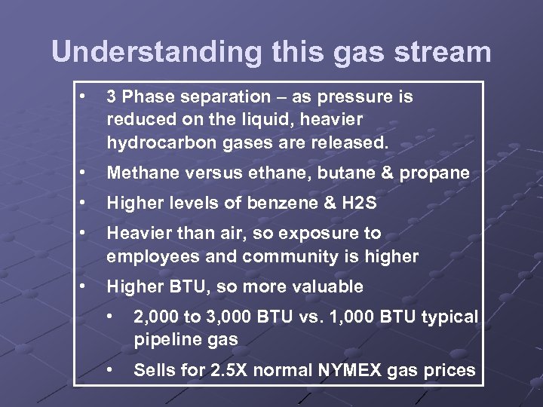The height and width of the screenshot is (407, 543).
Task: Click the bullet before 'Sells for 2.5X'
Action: (x=111, y=370)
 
